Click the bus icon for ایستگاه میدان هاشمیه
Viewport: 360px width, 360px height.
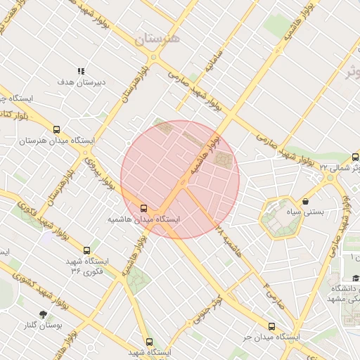(x=144, y=208)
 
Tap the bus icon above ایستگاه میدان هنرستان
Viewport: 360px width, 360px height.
(x=56, y=129)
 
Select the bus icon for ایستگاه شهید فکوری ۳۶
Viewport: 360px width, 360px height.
(x=87, y=250)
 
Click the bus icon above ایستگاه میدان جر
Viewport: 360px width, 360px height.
(x=272, y=326)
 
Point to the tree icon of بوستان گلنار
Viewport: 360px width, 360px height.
(x=44, y=314)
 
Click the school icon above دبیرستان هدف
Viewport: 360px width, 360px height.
(x=81, y=72)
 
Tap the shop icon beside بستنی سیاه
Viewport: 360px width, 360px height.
(x=305, y=202)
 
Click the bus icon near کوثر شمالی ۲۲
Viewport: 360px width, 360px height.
(x=355, y=157)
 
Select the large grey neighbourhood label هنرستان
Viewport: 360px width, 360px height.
(x=155, y=38)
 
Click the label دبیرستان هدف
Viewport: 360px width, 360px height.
(x=81, y=82)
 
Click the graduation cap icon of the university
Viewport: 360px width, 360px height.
(x=356, y=278)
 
